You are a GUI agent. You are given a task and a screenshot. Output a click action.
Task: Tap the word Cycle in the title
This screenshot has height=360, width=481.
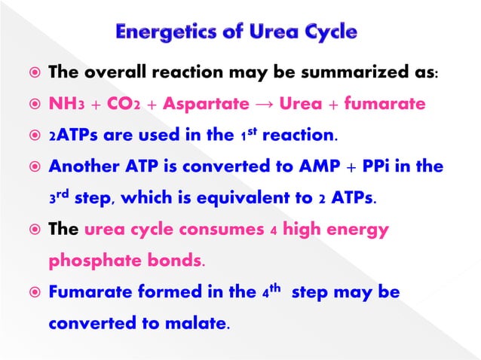(x=326, y=32)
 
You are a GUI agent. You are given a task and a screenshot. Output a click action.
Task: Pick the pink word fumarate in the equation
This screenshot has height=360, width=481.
(x=384, y=105)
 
